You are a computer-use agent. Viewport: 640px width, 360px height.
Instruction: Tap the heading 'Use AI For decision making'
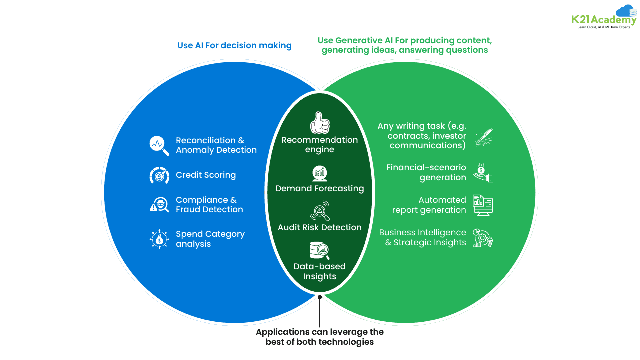click(x=234, y=45)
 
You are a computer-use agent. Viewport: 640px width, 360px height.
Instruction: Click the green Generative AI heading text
click(x=404, y=45)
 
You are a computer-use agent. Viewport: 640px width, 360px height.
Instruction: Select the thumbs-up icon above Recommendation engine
click(x=320, y=122)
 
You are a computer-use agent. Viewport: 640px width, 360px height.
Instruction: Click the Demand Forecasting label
click(x=320, y=188)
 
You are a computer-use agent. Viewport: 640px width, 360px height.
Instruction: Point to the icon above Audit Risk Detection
click(x=320, y=211)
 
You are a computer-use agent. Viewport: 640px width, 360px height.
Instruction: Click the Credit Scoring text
click(x=206, y=175)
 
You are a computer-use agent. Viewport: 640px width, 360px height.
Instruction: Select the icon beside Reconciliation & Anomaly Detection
click(x=159, y=145)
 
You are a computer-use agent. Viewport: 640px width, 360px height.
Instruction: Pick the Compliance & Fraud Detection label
click(x=209, y=205)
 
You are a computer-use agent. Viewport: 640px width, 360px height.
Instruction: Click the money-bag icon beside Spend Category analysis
click(x=159, y=239)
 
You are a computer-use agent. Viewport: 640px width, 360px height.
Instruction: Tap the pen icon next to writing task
click(x=483, y=137)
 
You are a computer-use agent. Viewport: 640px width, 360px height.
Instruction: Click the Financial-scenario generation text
click(x=426, y=172)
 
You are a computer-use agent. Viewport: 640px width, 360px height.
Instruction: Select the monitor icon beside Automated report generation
click(x=483, y=205)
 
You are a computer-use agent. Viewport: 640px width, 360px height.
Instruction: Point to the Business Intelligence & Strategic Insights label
click(x=422, y=237)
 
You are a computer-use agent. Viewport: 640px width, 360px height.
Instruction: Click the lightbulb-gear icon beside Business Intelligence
click(x=483, y=238)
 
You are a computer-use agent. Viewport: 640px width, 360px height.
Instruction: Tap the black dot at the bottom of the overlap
click(x=320, y=297)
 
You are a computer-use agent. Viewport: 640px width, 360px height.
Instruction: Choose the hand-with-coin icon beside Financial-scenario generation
click(x=483, y=172)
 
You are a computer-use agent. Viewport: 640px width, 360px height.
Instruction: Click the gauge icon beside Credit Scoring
click(x=159, y=175)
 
